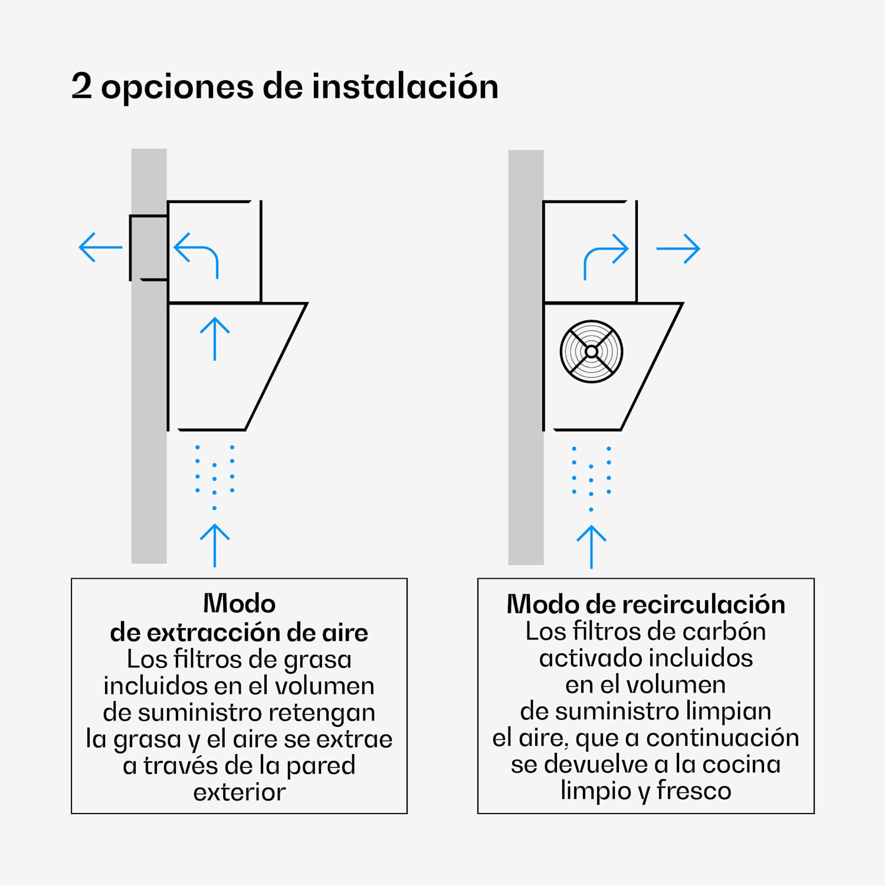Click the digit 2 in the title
click(81, 86)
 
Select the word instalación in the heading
click(405, 86)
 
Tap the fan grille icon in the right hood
click(591, 352)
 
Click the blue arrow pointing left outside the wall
click(100, 247)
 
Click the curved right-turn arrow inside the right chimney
click(605, 255)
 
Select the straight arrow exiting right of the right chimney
click(678, 248)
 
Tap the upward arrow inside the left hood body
click(215, 339)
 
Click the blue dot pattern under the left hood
click(215, 476)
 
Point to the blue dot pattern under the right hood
click(591, 477)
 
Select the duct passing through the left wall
click(148, 248)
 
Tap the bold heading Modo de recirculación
click(645, 604)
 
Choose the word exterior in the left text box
click(239, 792)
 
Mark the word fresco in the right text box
click(694, 791)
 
